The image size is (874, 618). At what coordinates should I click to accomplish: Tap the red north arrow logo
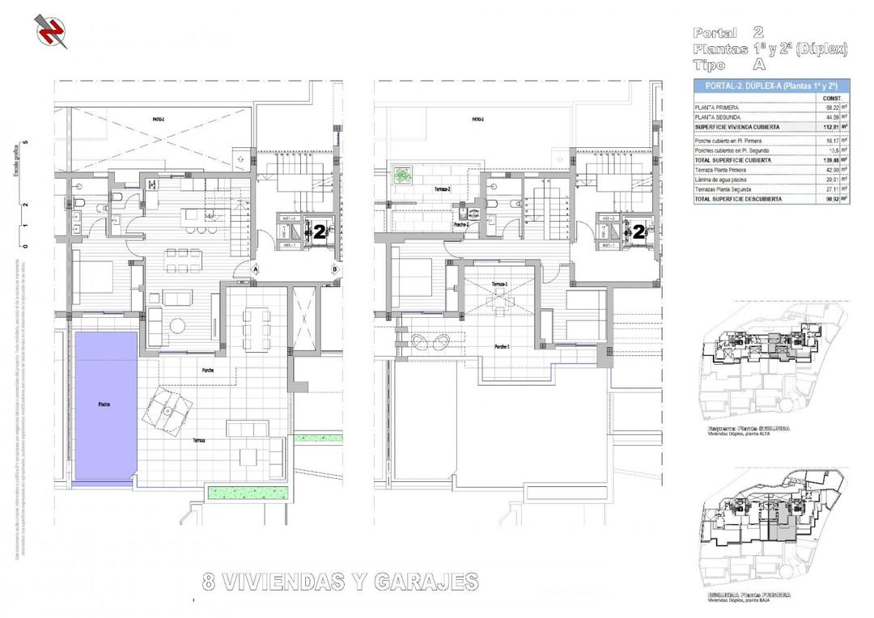[51, 31]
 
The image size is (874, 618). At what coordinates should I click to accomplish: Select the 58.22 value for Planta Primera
[830, 107]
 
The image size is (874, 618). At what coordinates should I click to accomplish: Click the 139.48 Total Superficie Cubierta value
[830, 160]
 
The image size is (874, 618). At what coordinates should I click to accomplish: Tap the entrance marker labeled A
[255, 269]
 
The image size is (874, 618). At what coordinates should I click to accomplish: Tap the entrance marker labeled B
[334, 269]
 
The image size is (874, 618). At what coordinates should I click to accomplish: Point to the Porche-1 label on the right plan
[502, 346]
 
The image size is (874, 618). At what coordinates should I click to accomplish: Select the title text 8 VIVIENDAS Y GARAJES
[339, 582]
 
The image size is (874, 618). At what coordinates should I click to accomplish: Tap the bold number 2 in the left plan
[319, 231]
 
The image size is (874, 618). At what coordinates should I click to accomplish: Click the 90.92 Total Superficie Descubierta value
[830, 197]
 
